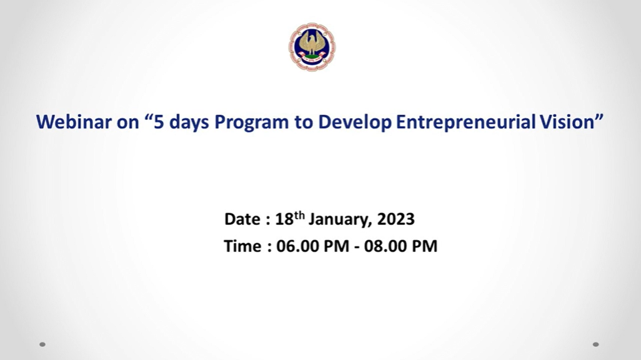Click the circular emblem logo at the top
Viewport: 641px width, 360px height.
[312, 47]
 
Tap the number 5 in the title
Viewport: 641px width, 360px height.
[159, 122]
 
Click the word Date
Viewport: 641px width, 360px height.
[242, 219]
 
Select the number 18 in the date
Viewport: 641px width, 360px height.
[284, 219]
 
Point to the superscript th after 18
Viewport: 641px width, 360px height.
[300, 215]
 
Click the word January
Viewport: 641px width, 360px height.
[340, 219]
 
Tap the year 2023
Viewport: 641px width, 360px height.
[395, 219]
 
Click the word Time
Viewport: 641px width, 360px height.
[242, 246]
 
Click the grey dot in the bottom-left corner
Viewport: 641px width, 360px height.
[42, 344]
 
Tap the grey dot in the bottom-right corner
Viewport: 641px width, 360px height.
[595, 344]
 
